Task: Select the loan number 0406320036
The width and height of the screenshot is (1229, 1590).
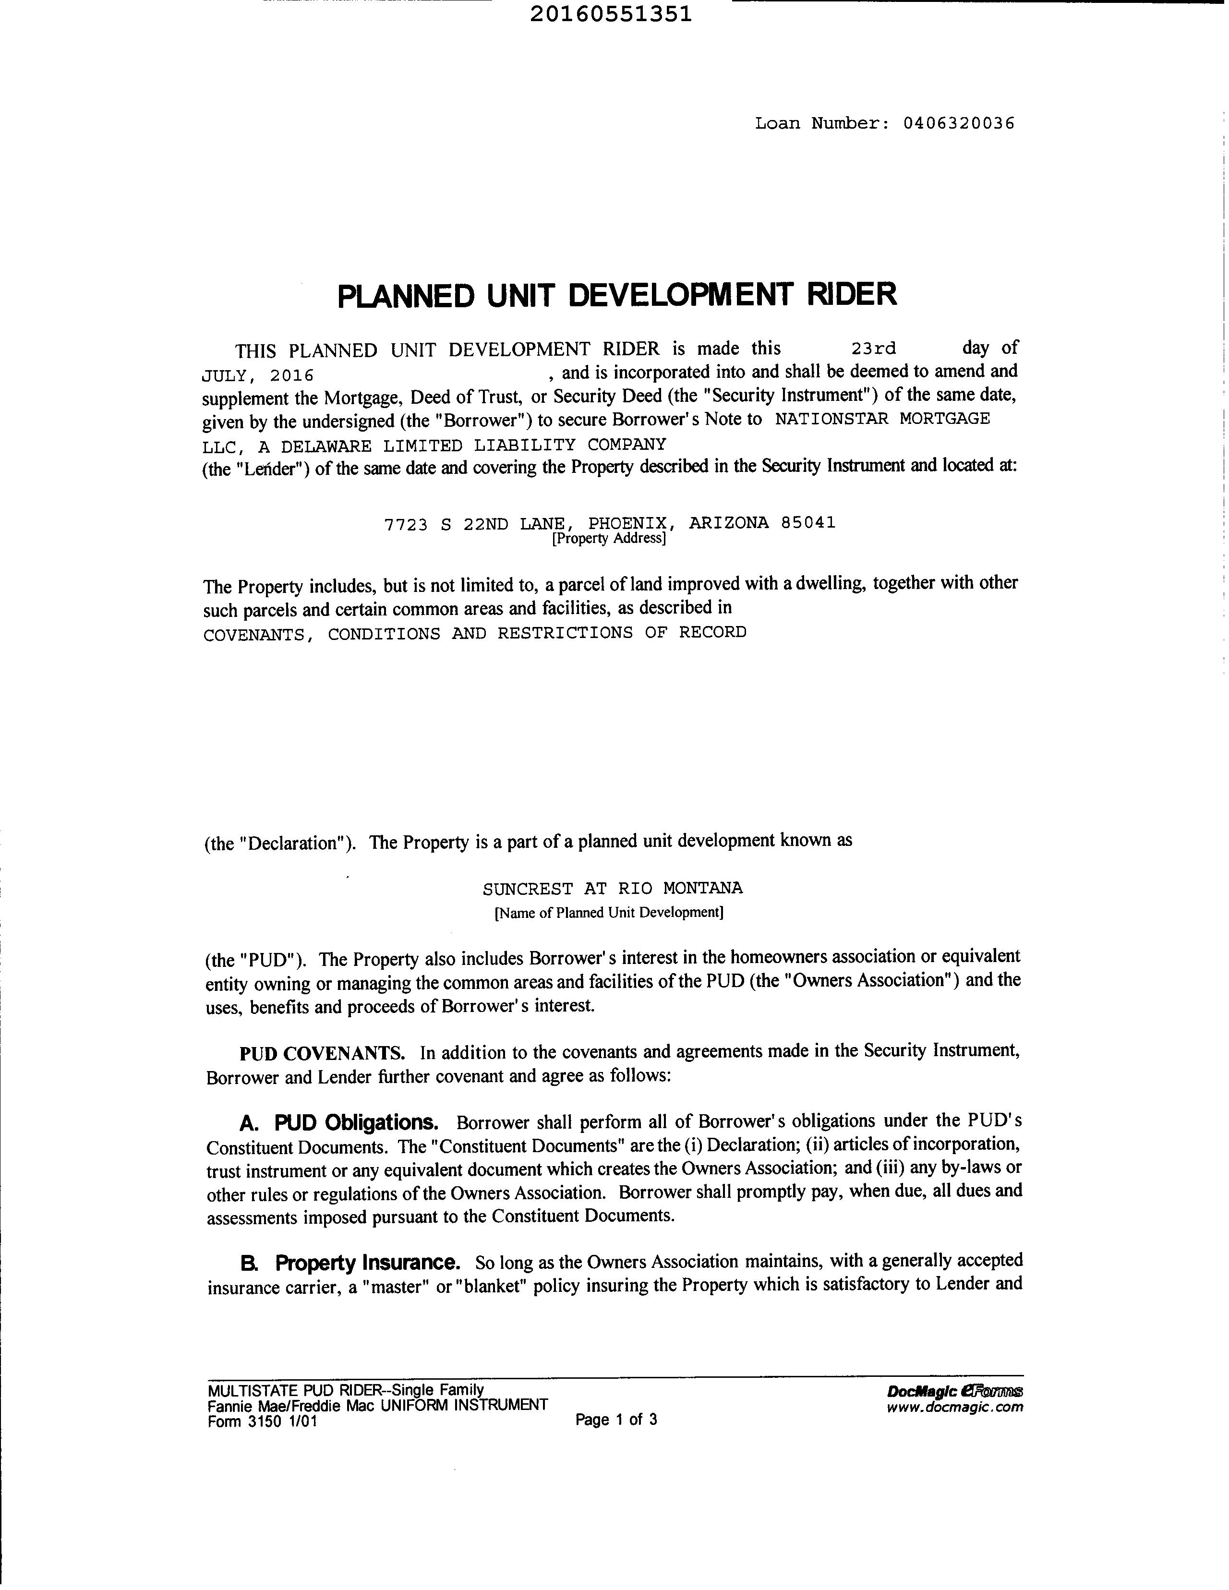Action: point(958,123)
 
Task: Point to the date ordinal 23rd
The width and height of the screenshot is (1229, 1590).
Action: point(874,349)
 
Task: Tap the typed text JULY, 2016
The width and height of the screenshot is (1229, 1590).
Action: point(257,376)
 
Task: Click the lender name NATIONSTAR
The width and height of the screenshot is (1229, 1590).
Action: point(831,419)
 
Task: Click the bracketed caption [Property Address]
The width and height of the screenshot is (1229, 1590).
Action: point(609,539)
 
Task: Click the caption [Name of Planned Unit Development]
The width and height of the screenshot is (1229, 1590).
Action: point(609,912)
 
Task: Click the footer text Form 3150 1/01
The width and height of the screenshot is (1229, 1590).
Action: point(262,1421)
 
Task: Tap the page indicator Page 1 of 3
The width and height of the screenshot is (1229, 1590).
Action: point(616,1419)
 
